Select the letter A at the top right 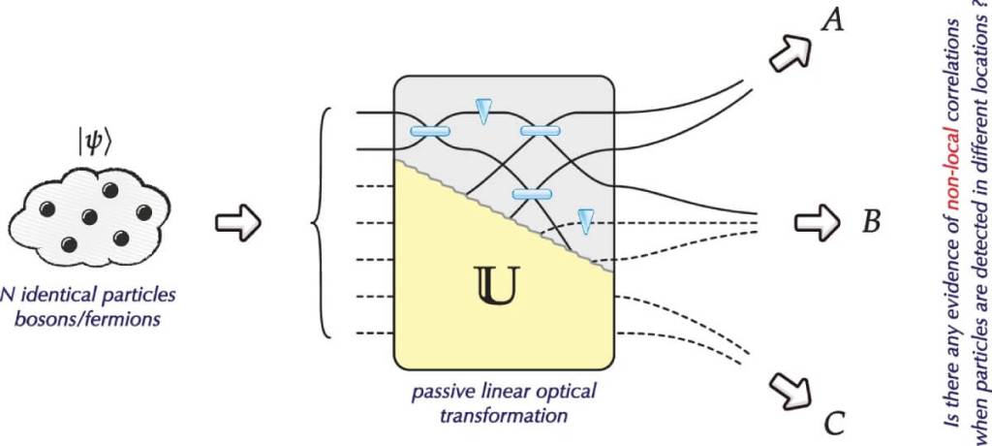click(x=830, y=19)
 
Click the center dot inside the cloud click(x=88, y=215)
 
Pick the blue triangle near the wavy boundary click(x=584, y=220)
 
